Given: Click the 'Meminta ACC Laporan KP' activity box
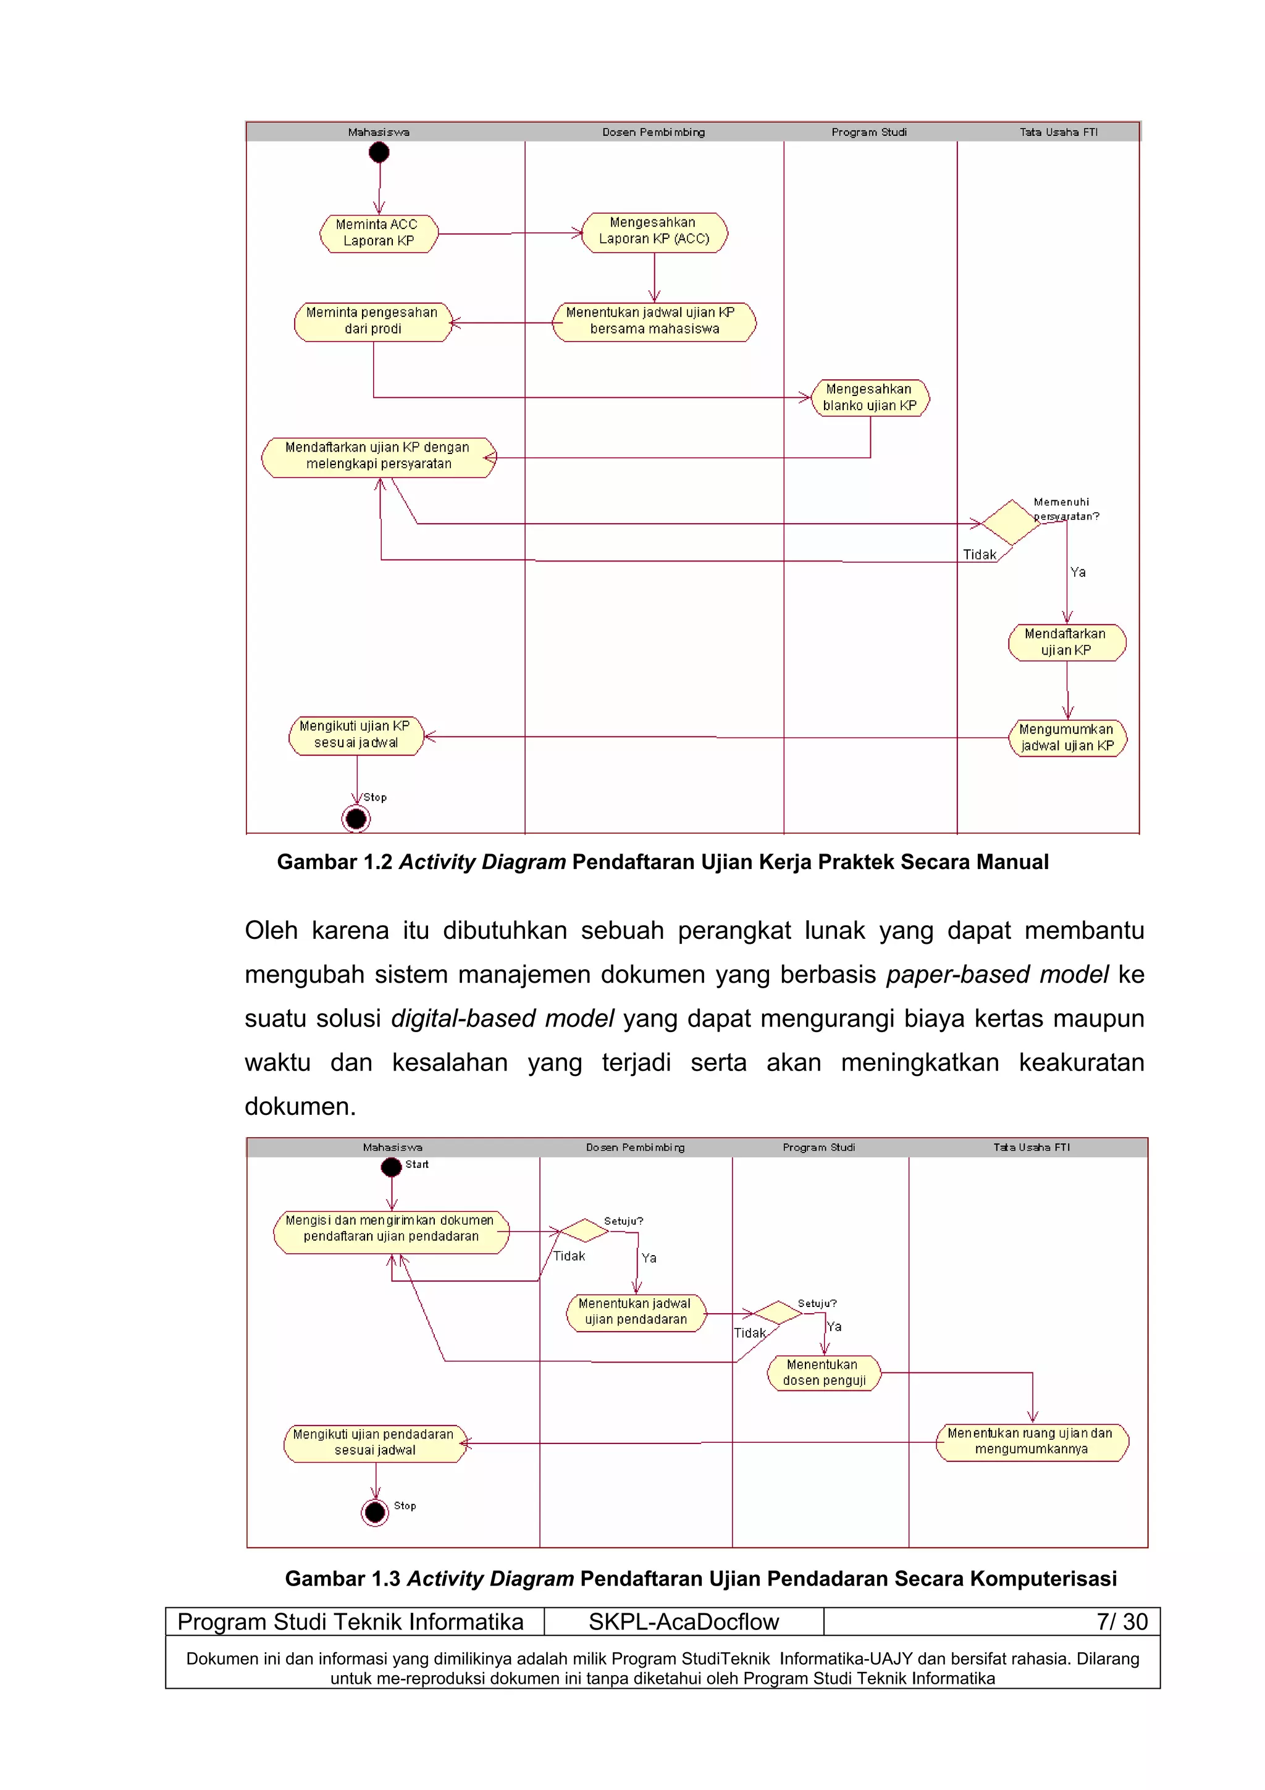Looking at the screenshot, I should [x=379, y=233].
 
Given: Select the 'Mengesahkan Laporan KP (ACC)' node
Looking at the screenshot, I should [x=655, y=232].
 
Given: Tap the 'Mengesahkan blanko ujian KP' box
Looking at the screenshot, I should [x=870, y=398].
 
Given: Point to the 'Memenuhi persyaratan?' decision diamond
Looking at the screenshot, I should [x=1011, y=523].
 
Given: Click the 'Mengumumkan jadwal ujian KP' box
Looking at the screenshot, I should [x=1067, y=737].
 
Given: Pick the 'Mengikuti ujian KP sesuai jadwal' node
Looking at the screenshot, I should [x=356, y=735].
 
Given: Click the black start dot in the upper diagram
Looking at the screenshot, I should [x=379, y=152].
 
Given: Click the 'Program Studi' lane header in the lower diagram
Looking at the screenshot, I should [x=818, y=1148].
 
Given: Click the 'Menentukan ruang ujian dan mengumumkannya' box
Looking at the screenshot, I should [x=1031, y=1442].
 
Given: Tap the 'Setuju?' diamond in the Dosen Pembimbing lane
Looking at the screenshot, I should [x=584, y=1230].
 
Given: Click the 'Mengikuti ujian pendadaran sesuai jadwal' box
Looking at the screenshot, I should [x=374, y=1443].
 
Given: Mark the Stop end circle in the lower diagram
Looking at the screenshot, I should [x=375, y=1513].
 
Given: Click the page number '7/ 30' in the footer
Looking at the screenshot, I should [x=1122, y=1621].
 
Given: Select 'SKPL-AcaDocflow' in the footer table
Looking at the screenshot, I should [x=684, y=1621].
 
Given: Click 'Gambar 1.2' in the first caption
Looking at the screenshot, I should [x=334, y=862].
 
